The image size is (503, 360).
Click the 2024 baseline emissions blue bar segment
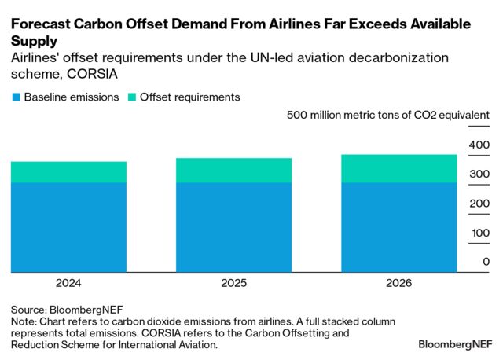(68, 227)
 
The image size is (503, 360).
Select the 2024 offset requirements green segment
(68, 172)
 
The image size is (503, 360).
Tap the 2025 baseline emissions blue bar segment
(233, 227)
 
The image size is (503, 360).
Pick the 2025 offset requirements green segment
(233, 171)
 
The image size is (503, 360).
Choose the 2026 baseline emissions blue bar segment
(398, 227)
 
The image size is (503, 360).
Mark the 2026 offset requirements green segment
(398, 169)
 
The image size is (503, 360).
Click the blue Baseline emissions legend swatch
(15, 97)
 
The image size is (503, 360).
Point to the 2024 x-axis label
(68, 282)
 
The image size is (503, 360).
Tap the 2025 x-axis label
(233, 282)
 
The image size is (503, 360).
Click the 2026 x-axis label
(398, 282)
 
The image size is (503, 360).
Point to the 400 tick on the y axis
(479, 145)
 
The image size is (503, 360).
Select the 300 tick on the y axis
(479, 174)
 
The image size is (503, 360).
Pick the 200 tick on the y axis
(479, 204)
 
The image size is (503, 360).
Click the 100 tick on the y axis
(479, 233)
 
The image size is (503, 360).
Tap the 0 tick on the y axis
(486, 262)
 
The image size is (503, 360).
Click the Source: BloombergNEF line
(66, 310)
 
